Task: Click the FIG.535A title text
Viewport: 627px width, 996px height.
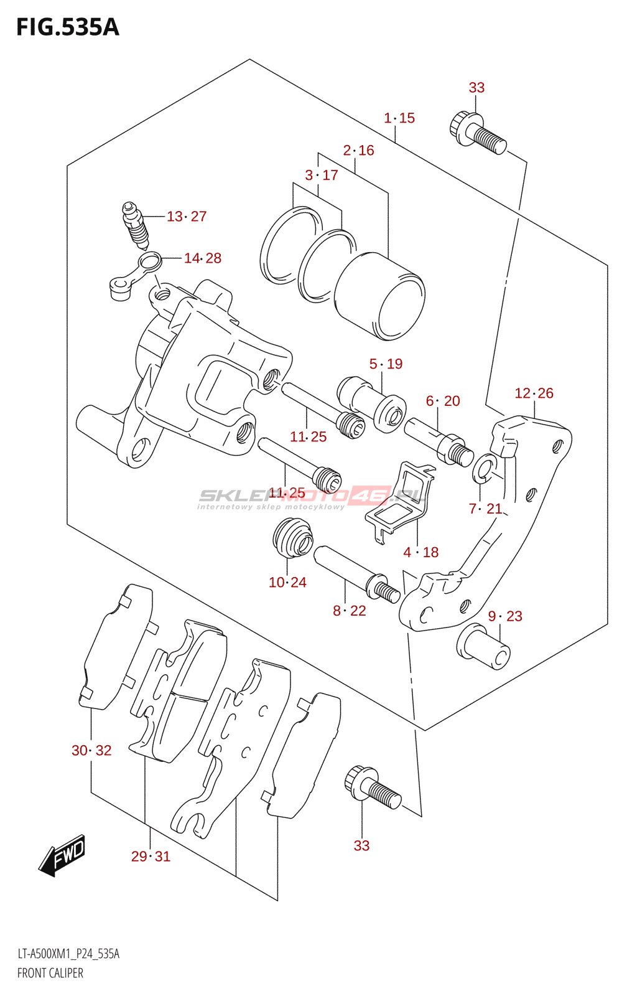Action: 67,27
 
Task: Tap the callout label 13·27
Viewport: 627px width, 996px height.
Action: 186,217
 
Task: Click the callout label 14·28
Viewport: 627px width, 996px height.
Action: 202,258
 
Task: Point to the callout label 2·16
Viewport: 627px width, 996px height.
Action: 358,151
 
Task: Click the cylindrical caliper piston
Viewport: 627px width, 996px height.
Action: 379,296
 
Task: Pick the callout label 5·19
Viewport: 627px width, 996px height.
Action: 386,364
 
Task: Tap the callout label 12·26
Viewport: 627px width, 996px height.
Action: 534,393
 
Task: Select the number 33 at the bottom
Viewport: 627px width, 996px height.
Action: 361,845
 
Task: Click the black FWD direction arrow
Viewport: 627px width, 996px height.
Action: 62,855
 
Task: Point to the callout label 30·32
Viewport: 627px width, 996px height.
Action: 91,751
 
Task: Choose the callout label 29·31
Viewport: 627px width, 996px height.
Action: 151,857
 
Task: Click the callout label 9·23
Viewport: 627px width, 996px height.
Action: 505,616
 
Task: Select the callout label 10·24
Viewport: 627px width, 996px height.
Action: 287,583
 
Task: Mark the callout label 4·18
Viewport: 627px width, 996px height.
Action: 420,552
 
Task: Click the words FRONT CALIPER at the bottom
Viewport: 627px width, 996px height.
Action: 50,973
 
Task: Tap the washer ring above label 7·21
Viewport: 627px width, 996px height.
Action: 483,469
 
